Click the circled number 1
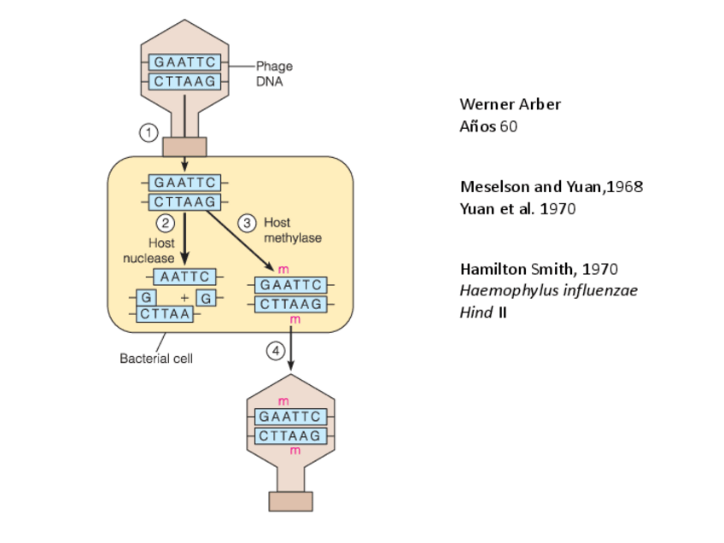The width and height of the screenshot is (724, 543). point(149,132)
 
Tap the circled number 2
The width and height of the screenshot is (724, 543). point(166,224)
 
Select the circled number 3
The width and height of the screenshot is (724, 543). point(247,223)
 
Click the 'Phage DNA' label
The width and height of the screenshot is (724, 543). point(273,73)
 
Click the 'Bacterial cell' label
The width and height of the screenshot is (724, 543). point(155,359)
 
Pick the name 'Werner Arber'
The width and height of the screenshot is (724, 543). point(510,104)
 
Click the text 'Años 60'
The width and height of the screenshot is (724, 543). point(488,126)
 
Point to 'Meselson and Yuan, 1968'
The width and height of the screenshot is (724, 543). point(551,186)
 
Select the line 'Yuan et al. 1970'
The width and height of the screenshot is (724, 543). point(517,208)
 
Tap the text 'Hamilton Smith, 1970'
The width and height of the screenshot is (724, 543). point(538,269)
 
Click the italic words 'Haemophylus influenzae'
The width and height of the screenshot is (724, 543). point(548,290)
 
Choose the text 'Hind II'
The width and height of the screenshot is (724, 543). point(483,312)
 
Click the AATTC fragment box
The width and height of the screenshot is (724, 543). point(184,277)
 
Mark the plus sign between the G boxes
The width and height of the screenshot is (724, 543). point(184,298)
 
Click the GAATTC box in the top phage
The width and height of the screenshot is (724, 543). point(185,62)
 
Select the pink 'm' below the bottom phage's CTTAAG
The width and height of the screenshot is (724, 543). point(291,451)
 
